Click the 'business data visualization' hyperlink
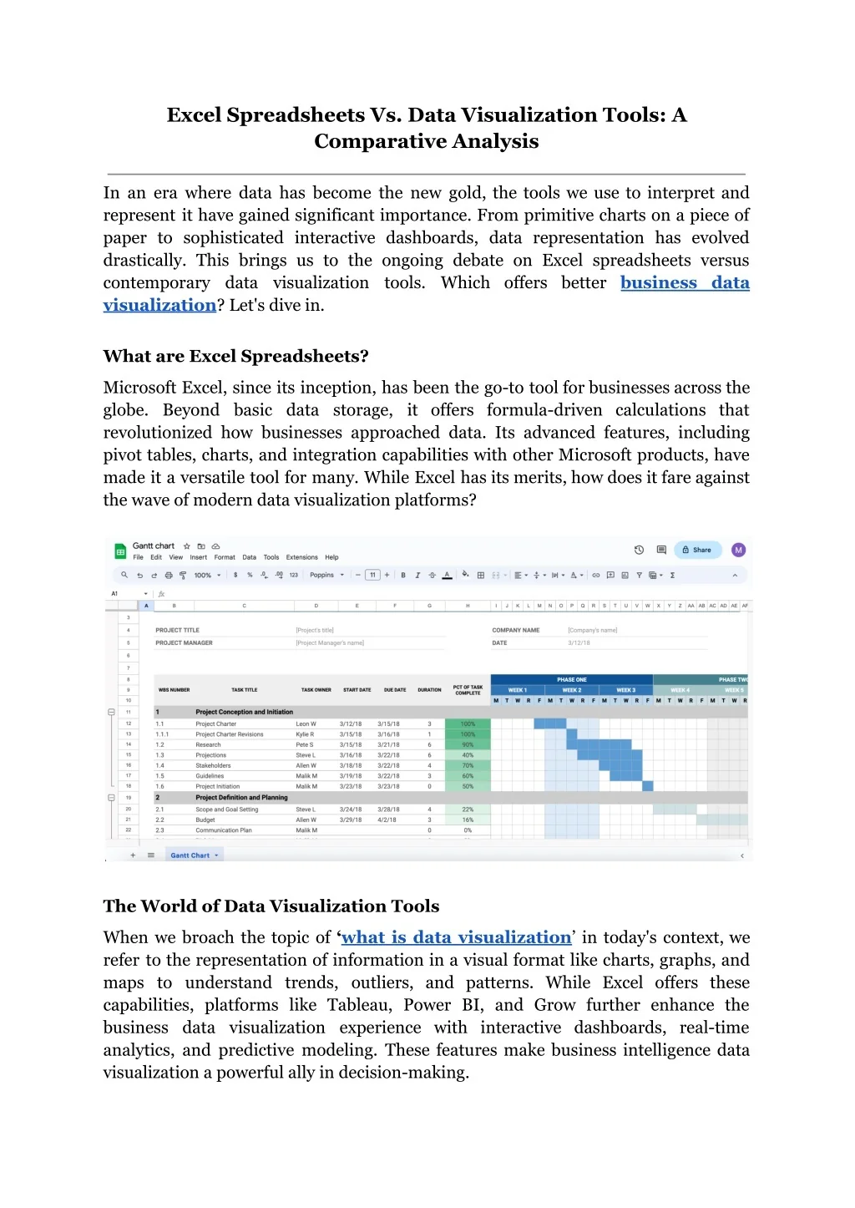pos(684,283)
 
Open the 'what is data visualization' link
pos(456,937)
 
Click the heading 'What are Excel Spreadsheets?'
pos(235,357)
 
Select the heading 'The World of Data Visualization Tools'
pos(271,906)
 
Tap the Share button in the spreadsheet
pos(697,550)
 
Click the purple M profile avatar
pos(738,550)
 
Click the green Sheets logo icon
pos(120,551)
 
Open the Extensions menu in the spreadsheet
pos(301,557)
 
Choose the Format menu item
pos(225,557)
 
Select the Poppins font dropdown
pos(326,575)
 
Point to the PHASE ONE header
pos(571,679)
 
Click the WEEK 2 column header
pos(571,690)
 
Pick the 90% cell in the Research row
pos(468,744)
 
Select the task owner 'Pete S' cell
pos(305,744)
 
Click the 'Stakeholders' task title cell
pos(213,765)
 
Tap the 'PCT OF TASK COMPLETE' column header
pos(468,690)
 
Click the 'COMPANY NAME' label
pos(515,630)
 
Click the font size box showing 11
pos(372,575)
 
